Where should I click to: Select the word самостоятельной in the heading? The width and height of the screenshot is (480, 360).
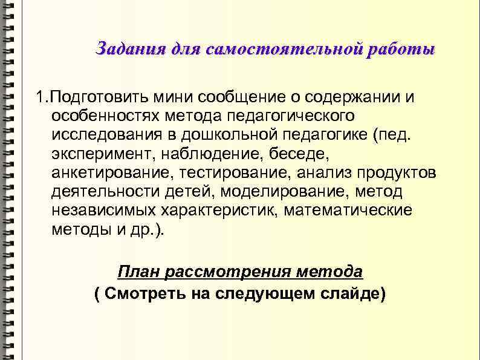(285, 49)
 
